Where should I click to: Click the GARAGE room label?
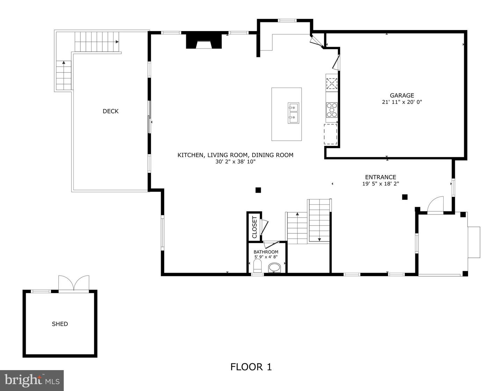(x=402, y=95)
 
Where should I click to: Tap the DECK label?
(x=110, y=111)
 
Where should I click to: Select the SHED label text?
(x=60, y=324)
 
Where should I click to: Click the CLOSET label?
(x=254, y=227)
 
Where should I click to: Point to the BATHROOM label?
(x=266, y=252)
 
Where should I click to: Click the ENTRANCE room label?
(x=380, y=177)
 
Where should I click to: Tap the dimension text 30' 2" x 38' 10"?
(x=235, y=161)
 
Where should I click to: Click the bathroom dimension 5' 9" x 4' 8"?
(x=266, y=257)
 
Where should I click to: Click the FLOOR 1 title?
(x=251, y=367)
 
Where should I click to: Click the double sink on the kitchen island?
(x=293, y=113)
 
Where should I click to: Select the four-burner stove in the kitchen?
(x=331, y=110)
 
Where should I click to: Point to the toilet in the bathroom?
(x=258, y=266)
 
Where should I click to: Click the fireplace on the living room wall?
(x=204, y=41)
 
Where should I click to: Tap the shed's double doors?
(x=74, y=283)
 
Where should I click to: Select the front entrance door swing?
(x=436, y=205)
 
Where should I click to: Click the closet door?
(x=264, y=227)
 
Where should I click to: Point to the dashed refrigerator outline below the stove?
(x=330, y=134)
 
